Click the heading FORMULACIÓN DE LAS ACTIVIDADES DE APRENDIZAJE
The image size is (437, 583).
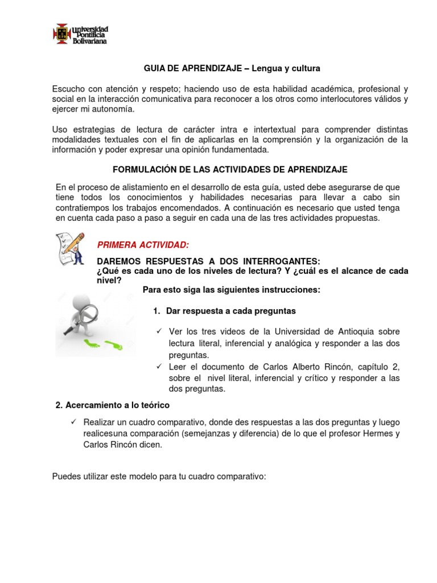coord(230,170)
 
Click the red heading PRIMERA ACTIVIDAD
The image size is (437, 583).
coord(143,245)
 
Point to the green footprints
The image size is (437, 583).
coord(103,344)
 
